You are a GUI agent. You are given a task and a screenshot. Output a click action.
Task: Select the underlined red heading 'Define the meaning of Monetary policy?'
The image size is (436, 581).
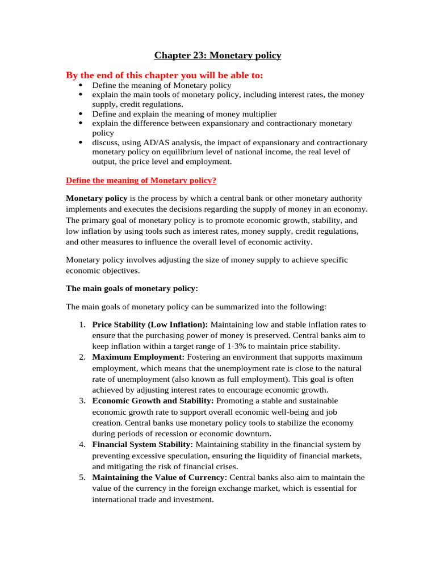[141, 180]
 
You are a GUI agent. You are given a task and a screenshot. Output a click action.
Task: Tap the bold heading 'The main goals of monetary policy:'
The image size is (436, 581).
[132, 288]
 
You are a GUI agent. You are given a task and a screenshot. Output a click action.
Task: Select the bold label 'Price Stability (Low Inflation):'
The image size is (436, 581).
[150, 325]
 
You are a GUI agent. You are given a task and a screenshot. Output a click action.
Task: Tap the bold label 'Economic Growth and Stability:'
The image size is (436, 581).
[153, 401]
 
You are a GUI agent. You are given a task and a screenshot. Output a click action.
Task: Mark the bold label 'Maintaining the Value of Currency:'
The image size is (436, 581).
[159, 477]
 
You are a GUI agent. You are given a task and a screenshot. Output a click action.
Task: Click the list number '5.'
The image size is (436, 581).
[82, 477]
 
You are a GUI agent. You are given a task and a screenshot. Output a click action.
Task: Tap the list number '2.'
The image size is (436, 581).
[82, 357]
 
